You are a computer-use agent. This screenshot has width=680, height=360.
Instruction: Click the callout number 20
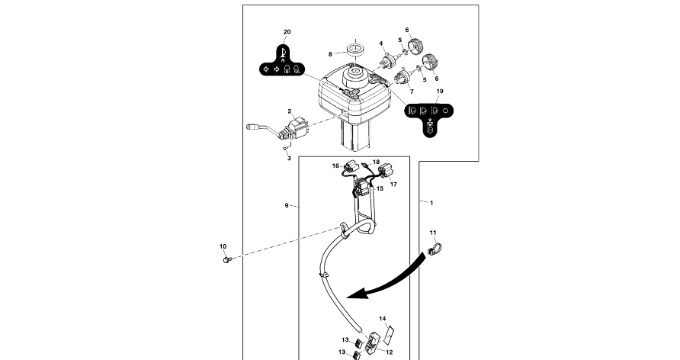[x=287, y=32]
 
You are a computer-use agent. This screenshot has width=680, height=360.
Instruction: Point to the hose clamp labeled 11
[x=435, y=249]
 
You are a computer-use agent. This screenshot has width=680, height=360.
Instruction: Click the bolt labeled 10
[x=225, y=260]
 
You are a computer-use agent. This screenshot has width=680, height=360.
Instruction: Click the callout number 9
[x=286, y=205]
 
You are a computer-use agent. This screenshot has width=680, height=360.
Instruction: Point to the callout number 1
[x=431, y=204]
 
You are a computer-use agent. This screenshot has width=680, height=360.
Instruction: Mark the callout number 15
[x=380, y=188]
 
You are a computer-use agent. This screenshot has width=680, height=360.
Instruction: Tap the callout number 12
[x=389, y=352]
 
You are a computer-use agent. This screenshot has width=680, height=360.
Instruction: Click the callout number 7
[x=412, y=91]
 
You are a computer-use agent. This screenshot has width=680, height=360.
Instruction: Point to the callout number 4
[x=381, y=43]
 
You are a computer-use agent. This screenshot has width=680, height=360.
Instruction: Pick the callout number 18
[x=376, y=162]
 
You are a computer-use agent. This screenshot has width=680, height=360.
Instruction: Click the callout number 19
[x=439, y=91]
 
